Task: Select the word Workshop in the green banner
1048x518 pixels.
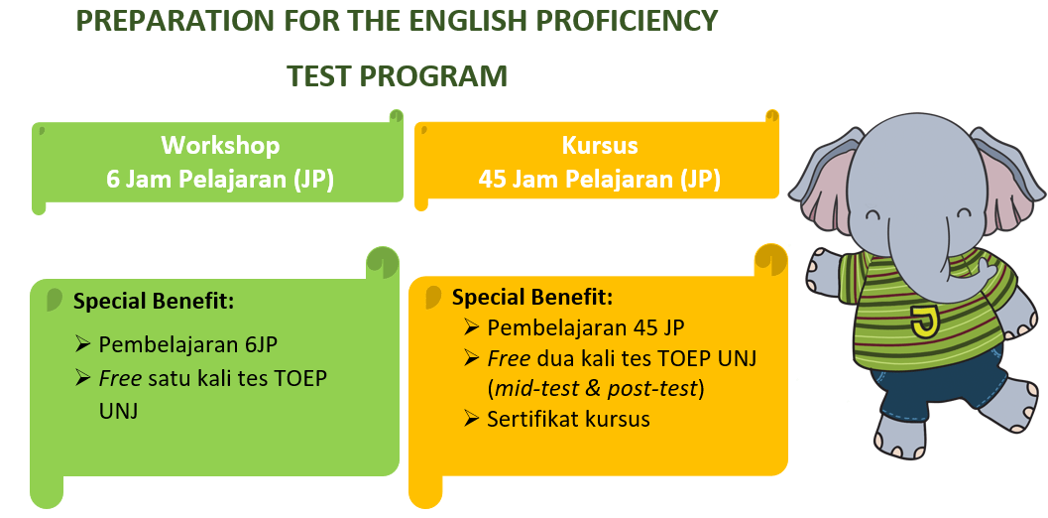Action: (220, 146)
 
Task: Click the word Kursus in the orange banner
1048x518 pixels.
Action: (600, 146)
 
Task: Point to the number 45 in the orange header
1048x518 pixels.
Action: (493, 180)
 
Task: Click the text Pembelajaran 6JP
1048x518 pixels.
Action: (187, 344)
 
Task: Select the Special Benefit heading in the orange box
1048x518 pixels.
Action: (532, 297)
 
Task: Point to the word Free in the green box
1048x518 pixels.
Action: (121, 378)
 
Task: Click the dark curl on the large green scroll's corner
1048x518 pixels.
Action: (383, 262)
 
